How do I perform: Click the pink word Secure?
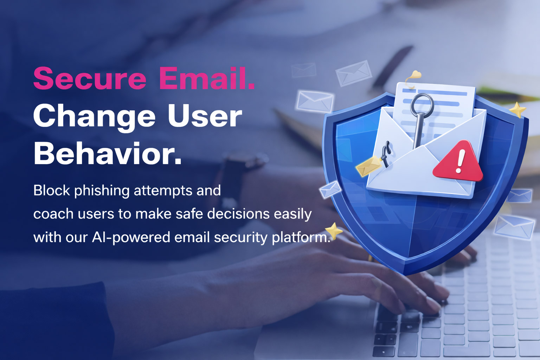(90, 78)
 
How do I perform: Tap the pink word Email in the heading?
(207, 78)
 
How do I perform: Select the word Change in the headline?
(94, 116)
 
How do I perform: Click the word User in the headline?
(205, 116)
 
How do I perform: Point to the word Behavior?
(108, 154)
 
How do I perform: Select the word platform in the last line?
(301, 237)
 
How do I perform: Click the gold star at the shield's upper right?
(517, 109)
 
